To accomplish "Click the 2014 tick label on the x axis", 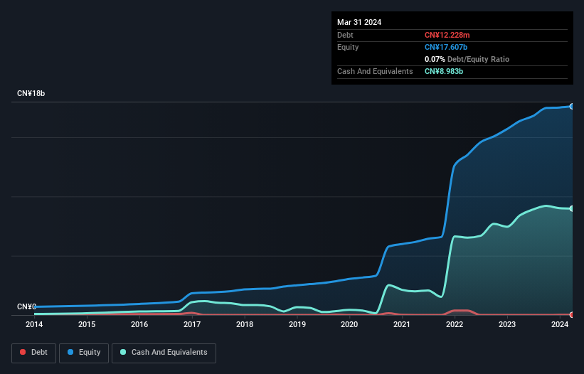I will coord(34,325).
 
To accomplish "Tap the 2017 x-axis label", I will coord(192,325).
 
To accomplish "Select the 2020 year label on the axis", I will coord(349,325).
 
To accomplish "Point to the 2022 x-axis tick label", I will coord(455,325).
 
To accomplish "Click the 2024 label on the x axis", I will coord(560,325).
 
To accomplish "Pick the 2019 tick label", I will coord(297,325).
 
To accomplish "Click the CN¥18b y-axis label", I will coord(31,94).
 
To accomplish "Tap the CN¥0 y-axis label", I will coord(26,306).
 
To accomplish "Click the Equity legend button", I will coord(83,353).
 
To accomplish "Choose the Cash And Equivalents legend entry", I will coord(164,353).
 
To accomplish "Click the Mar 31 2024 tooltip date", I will coord(359,22).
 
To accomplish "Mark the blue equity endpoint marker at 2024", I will coord(572,106).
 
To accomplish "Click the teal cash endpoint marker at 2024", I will coord(572,208).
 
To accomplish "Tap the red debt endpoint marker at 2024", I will coord(572,314).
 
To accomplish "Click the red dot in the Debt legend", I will coord(23,353).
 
